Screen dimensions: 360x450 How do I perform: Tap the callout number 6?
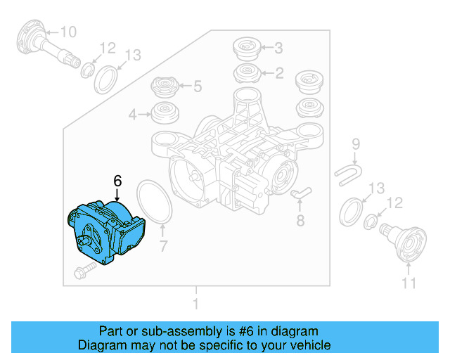click(x=117, y=179)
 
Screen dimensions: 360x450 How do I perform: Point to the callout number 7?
click(x=163, y=247)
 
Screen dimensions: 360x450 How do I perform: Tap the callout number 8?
click(x=300, y=221)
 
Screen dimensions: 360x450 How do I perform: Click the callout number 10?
click(x=69, y=32)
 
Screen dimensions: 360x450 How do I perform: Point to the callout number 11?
click(x=409, y=283)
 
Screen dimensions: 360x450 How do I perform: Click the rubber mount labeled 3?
click(x=247, y=49)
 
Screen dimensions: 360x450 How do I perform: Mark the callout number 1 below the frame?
click(x=195, y=304)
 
